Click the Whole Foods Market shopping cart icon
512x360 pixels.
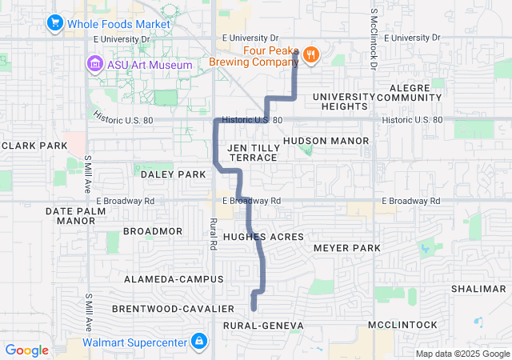click(x=55, y=23)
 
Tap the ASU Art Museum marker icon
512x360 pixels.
click(x=95, y=64)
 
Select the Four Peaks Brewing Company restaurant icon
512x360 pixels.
click(x=310, y=54)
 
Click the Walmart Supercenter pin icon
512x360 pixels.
click(x=198, y=343)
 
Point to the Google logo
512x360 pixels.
click(x=26, y=350)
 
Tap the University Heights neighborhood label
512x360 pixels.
click(x=339, y=101)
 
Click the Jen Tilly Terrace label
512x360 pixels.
click(x=252, y=153)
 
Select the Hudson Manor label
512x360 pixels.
click(x=326, y=140)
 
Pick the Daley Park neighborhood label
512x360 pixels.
click(x=173, y=174)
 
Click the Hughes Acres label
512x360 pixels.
click(x=263, y=237)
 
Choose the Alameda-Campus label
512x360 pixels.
click(x=174, y=278)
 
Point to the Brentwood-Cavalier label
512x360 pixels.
click(x=173, y=308)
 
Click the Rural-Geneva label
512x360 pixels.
click(x=263, y=326)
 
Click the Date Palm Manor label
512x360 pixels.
click(x=76, y=215)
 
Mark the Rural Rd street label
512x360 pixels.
click(x=214, y=233)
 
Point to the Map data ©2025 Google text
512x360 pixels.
click(x=462, y=354)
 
